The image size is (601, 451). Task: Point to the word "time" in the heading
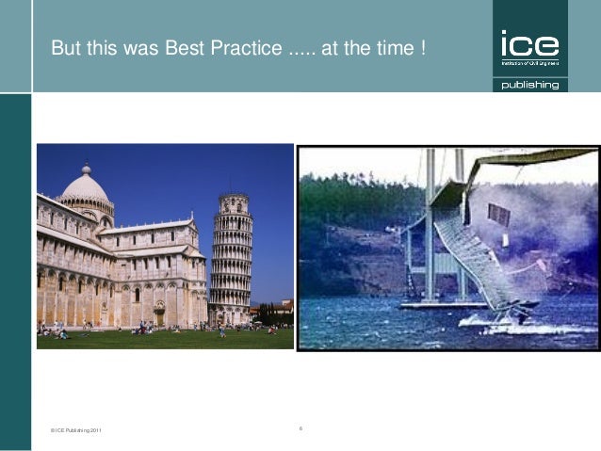pyautogui.click(x=389, y=46)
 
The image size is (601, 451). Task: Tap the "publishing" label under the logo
pyautogui.click(x=529, y=85)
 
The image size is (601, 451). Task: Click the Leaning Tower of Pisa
pyautogui.click(x=231, y=259)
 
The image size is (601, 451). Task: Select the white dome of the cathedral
pyautogui.click(x=85, y=186)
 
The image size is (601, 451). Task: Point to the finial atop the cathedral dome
pyautogui.click(x=85, y=168)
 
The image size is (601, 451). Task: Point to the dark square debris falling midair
pyautogui.click(x=499, y=215)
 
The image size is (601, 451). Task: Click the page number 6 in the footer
pyautogui.click(x=300, y=428)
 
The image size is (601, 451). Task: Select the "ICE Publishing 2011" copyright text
pyautogui.click(x=75, y=430)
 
